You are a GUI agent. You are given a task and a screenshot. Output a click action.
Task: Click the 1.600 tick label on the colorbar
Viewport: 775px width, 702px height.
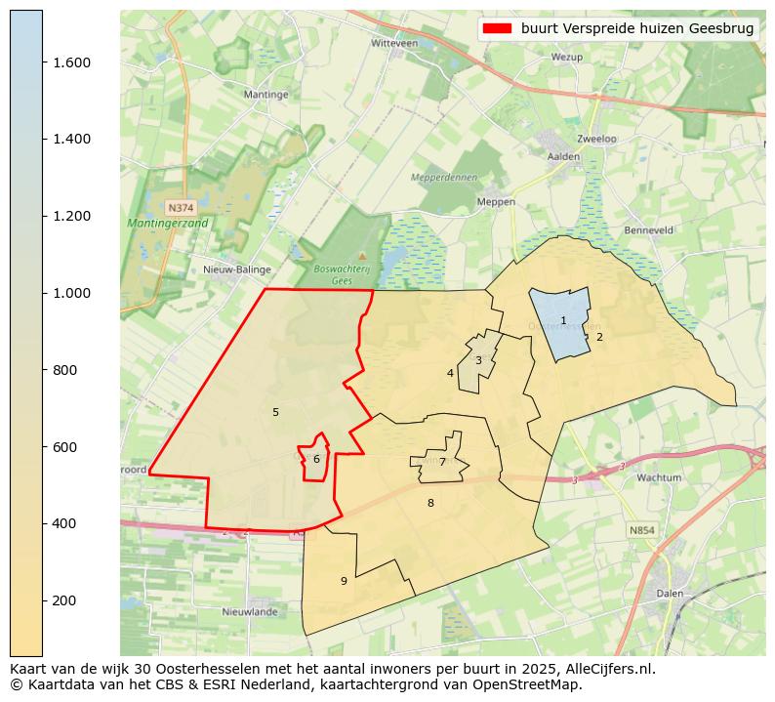point(70,62)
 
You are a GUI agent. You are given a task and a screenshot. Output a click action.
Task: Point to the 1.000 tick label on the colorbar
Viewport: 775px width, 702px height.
point(70,293)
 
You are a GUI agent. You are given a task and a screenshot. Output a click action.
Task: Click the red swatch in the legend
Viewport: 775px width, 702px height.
point(496,29)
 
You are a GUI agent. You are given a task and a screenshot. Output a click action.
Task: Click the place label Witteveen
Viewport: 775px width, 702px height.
point(394,44)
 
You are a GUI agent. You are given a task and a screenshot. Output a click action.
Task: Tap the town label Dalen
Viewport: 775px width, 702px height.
point(670,593)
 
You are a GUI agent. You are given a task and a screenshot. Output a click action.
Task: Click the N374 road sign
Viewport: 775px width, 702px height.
point(180,208)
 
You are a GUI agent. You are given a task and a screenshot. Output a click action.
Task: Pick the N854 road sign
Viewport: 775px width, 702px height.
point(641,530)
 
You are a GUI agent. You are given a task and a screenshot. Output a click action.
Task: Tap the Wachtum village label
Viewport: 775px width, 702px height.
point(658,478)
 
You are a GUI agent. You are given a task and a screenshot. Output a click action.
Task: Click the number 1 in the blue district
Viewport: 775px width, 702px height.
point(563,321)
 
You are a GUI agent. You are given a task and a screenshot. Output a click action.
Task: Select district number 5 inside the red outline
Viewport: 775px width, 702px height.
point(275,412)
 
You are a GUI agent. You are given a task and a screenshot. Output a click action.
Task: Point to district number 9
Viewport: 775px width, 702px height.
point(344,581)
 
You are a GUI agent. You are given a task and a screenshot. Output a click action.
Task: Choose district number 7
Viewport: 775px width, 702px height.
point(442,463)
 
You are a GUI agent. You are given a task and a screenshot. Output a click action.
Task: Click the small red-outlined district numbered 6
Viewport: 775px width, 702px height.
point(316,459)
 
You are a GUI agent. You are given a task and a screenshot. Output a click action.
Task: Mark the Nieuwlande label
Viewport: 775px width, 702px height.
point(250,612)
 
